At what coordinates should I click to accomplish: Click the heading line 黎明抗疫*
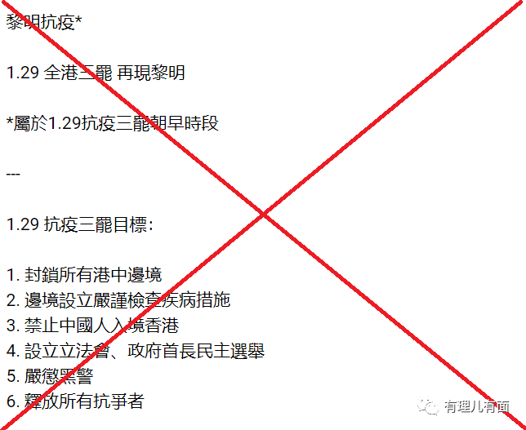44,22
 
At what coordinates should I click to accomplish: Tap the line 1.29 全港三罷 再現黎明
96,73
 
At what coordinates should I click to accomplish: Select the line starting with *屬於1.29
113,123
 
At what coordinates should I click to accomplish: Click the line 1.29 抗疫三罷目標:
79,224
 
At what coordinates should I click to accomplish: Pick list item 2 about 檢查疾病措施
118,300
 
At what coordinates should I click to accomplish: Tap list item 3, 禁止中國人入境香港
92,326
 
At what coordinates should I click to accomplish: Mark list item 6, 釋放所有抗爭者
75,401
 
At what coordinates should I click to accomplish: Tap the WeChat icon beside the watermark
428,406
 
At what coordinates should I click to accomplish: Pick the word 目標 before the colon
131,224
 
